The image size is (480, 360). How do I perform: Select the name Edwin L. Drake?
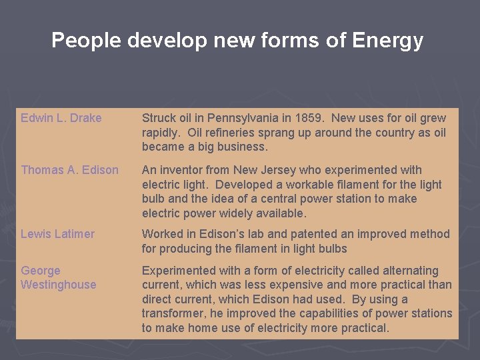[61, 118]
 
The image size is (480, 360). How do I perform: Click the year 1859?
[309, 118]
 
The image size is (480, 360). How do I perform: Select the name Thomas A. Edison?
[69, 170]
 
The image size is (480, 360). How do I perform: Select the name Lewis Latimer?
[57, 234]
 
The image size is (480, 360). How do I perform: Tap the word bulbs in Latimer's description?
[332, 249]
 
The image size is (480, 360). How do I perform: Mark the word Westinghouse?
[59, 285]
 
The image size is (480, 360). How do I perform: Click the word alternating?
[410, 271]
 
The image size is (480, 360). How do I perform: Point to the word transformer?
[171, 313]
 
